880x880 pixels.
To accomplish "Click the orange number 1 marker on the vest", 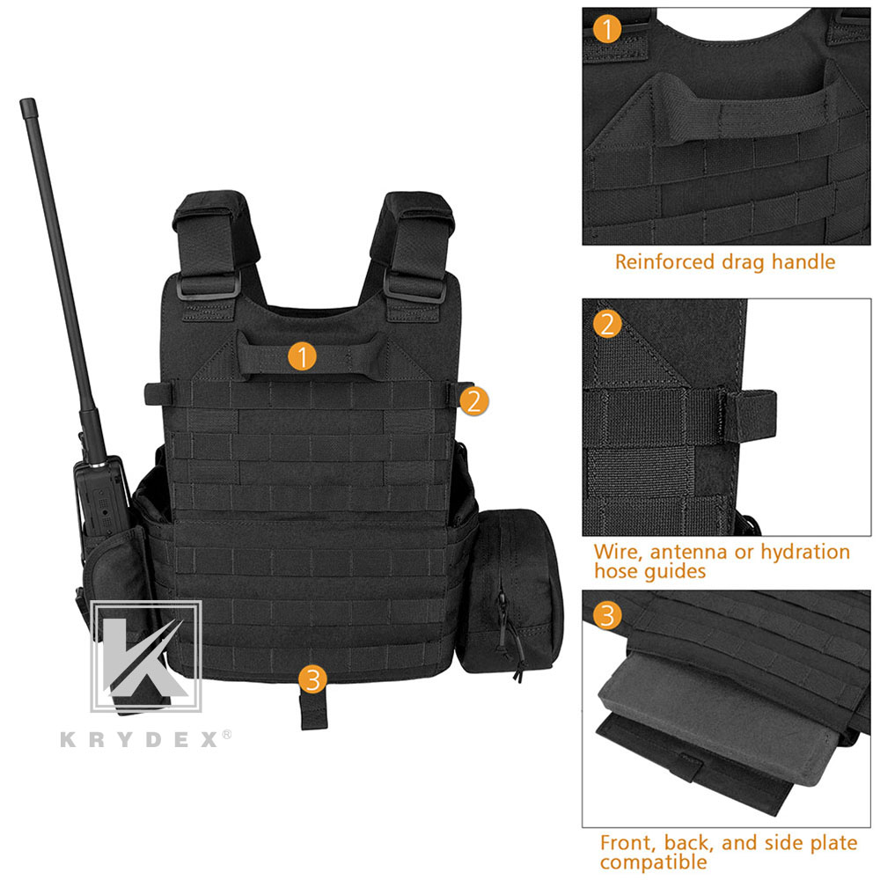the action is click(302, 356).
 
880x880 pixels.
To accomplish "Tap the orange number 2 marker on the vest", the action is click(474, 401).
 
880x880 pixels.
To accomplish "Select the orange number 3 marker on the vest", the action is click(312, 679).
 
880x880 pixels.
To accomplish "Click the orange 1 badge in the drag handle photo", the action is click(607, 28).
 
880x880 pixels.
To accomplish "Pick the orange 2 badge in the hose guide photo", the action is click(607, 324).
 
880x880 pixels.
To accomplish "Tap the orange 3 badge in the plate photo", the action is click(607, 615).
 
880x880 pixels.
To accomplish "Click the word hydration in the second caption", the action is click(805, 554).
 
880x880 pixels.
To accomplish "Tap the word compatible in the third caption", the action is click(654, 862).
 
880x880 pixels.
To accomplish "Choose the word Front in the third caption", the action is click(627, 842).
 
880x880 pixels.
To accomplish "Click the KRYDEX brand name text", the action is click(139, 739).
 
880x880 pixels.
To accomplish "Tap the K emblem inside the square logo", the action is click(145, 656).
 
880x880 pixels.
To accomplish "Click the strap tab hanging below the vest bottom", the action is click(314, 710).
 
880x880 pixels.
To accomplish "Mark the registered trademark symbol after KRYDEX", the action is click(226, 734).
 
